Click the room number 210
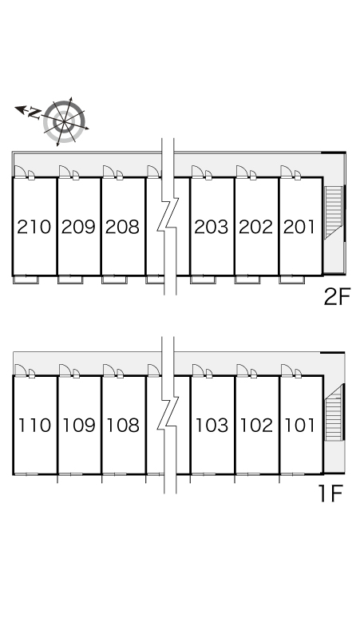click(34, 227)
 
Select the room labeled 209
click(78, 227)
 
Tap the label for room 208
click(122, 227)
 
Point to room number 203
click(212, 227)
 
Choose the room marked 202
click(255, 227)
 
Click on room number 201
click(299, 227)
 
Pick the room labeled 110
click(35, 426)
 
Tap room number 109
click(79, 426)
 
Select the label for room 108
click(123, 426)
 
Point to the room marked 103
click(212, 426)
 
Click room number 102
click(256, 426)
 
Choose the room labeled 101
click(300, 426)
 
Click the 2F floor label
click(337, 297)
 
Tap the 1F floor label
click(330, 494)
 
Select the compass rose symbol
click(64, 121)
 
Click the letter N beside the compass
click(34, 113)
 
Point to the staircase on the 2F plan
click(334, 212)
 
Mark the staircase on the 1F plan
click(334, 412)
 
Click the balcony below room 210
click(26, 279)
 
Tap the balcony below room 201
click(292, 279)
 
